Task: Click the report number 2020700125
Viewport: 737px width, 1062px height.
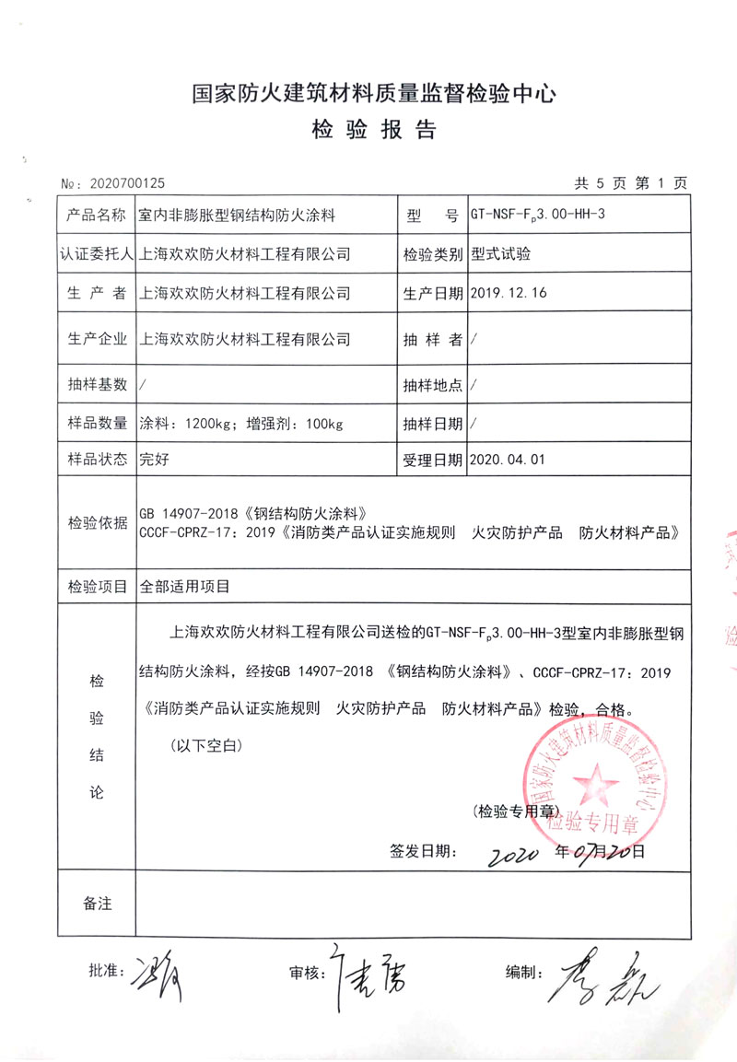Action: point(125,184)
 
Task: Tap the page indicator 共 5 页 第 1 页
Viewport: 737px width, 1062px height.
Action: point(630,184)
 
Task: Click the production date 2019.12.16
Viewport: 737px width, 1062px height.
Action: point(509,293)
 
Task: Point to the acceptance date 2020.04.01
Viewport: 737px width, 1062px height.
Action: point(509,458)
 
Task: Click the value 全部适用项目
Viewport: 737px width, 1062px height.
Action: point(183,585)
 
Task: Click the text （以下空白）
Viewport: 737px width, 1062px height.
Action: point(205,744)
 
